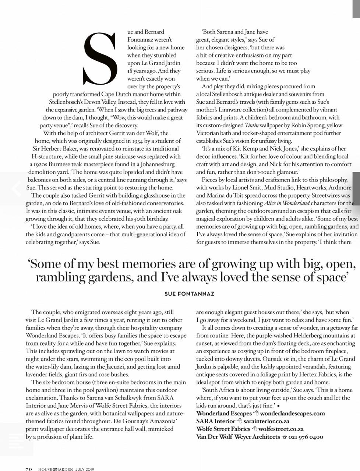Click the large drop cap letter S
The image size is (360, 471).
pyautogui.click(x=100, y=59)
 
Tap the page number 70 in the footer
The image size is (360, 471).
pyautogui.click(x=29, y=469)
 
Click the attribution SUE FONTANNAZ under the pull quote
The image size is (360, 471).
pyautogui.click(x=189, y=294)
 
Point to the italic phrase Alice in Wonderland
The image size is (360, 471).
pyautogui.click(x=287, y=203)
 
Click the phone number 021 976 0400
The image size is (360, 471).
pyautogui.click(x=306, y=437)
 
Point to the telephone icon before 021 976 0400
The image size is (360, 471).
pyautogui.click(x=284, y=437)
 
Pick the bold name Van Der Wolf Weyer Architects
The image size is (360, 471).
pyautogui.click(x=238, y=437)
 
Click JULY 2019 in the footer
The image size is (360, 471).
pyautogui.click(x=85, y=469)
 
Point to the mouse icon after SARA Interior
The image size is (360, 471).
pyautogui.click(x=239, y=421)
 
